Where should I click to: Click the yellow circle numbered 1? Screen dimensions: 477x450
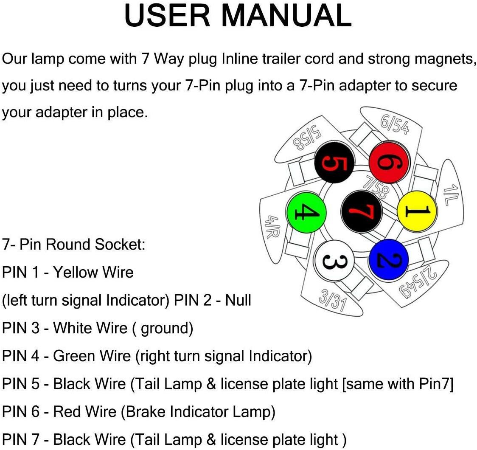[417, 211]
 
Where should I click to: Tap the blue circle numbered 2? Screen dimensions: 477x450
[389, 259]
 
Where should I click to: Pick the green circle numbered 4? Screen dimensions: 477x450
[306, 212]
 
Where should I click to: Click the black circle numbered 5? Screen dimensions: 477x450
[334, 162]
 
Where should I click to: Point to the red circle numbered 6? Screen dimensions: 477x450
[390, 162]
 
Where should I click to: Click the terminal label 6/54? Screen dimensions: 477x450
[395, 125]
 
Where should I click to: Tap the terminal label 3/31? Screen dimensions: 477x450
[333, 300]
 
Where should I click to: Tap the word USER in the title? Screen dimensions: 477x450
[167, 15]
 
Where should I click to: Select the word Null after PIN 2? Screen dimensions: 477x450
[238, 300]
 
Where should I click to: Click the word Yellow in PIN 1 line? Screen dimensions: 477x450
[74, 272]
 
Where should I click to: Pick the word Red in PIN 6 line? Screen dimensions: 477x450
[66, 411]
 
